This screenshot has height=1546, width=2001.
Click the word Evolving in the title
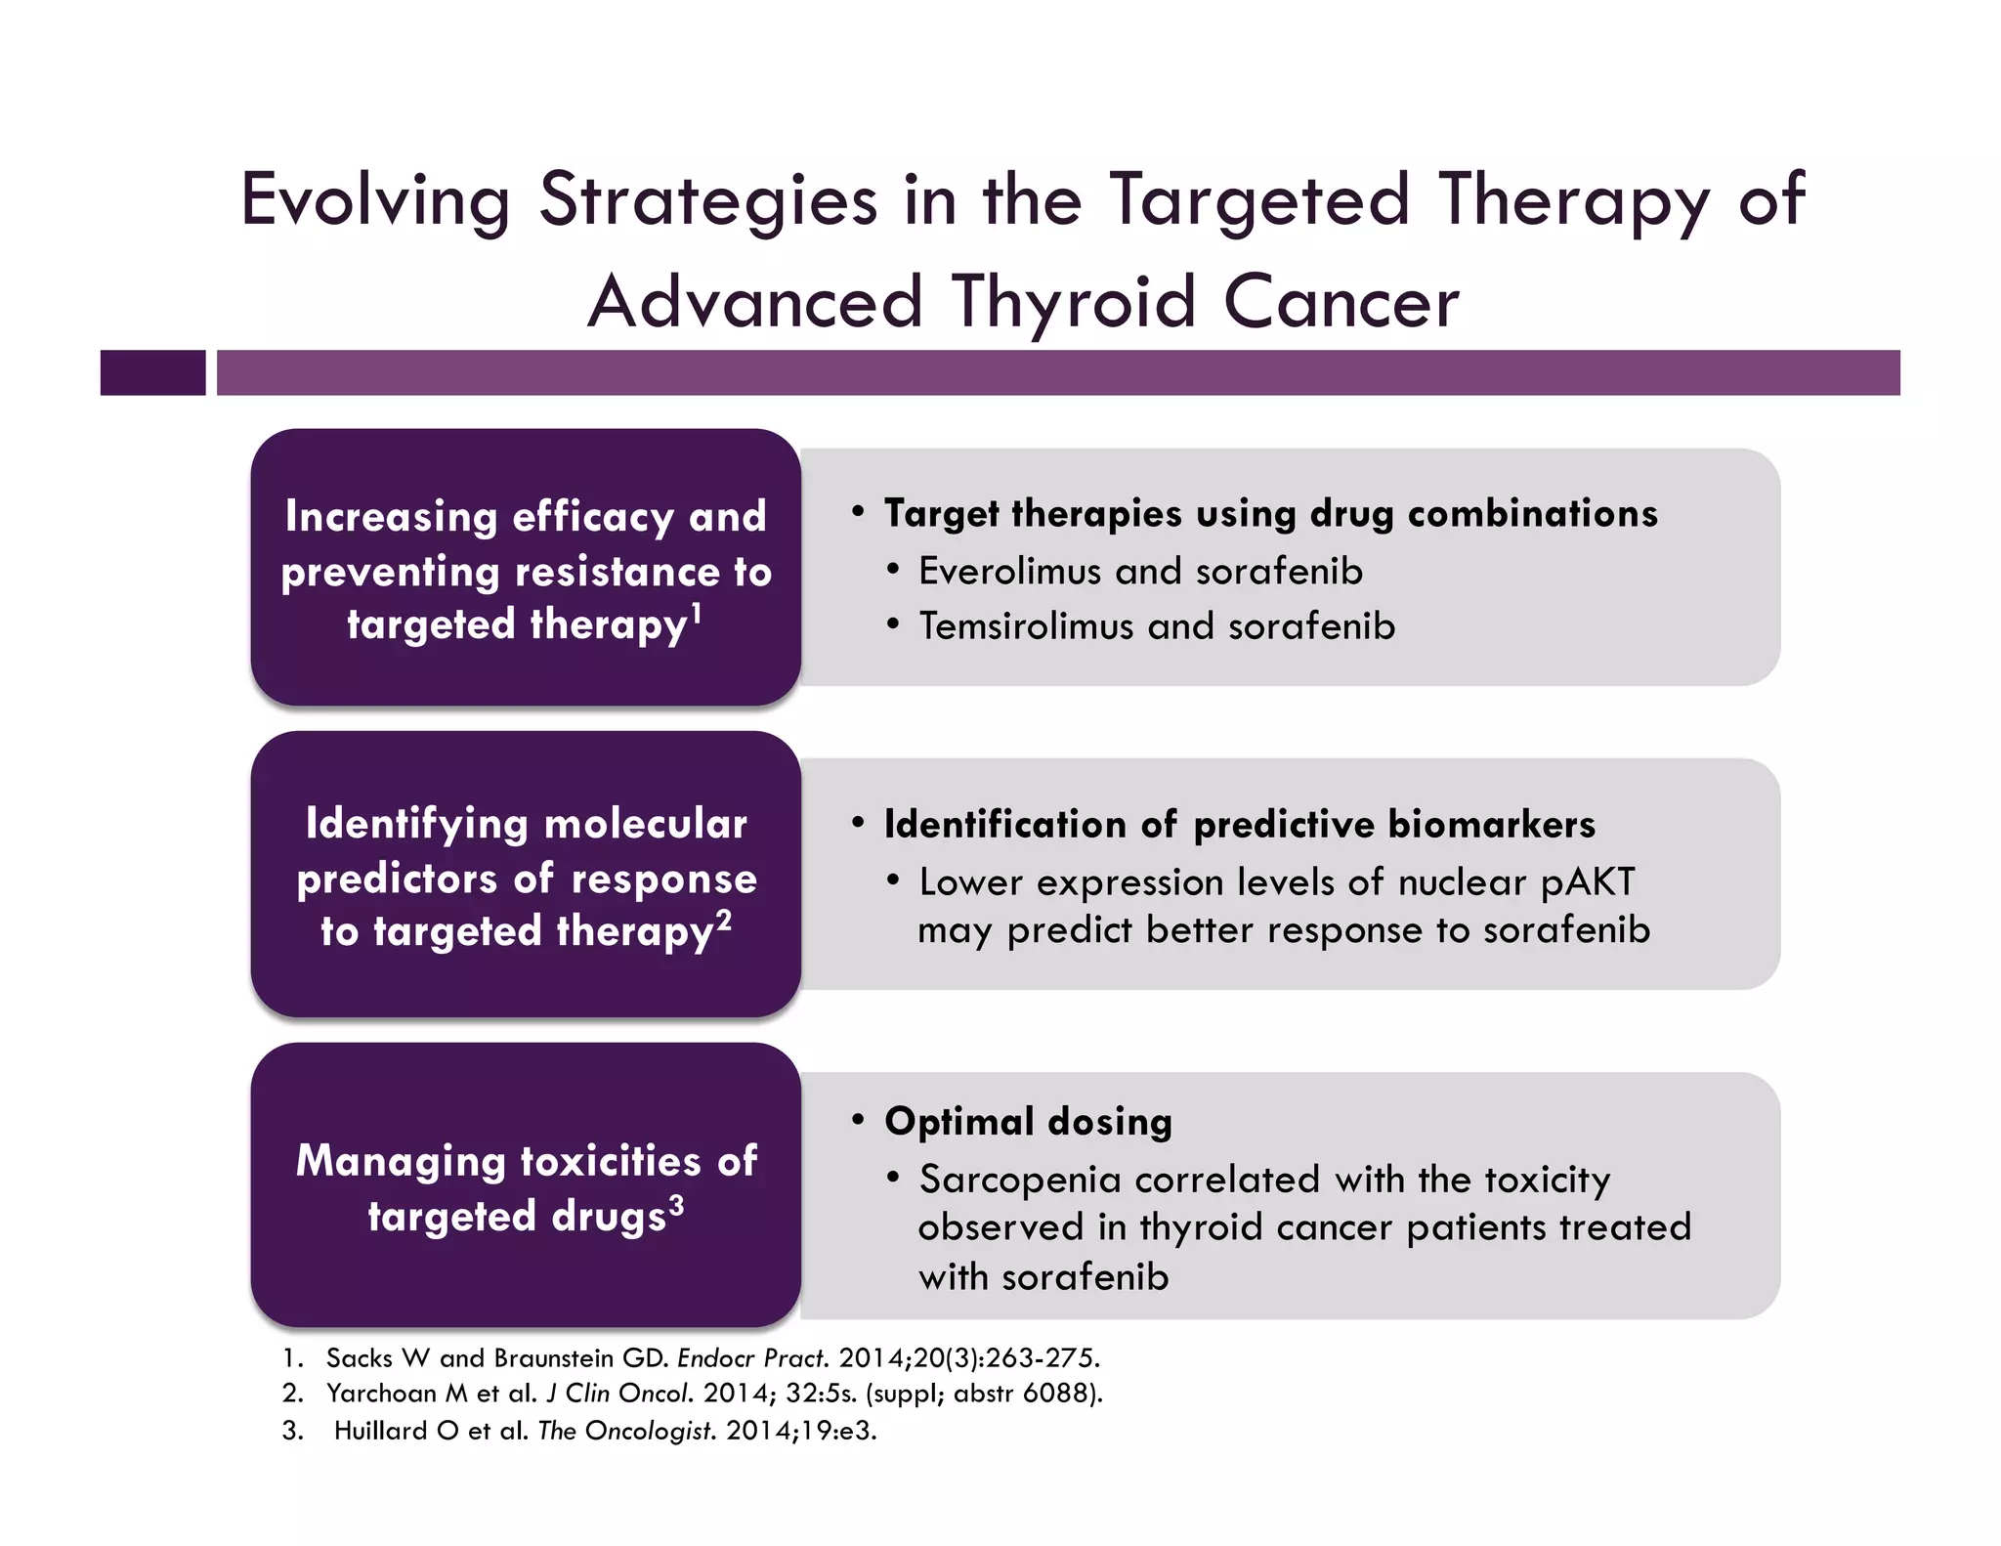click(375, 200)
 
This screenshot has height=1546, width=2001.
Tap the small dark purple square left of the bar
click(152, 372)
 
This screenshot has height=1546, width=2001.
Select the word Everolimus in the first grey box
click(1009, 572)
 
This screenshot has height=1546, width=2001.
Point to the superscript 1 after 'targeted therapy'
click(697, 613)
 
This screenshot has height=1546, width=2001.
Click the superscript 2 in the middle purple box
click(723, 920)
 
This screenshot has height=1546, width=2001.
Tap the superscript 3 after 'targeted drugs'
click(676, 1205)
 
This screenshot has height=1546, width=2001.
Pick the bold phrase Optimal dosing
click(1027, 1122)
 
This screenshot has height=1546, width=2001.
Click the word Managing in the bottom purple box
click(401, 1162)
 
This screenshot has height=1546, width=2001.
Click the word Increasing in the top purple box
click(390, 517)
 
